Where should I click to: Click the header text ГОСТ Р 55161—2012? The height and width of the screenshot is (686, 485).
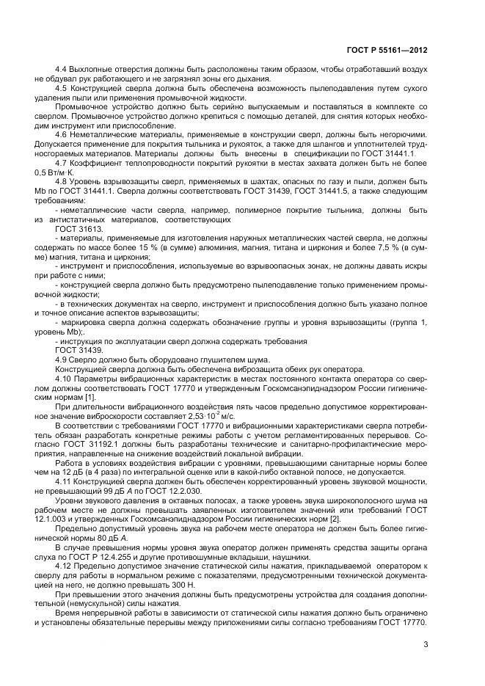click(386, 51)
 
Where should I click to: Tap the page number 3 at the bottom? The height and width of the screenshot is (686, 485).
click(426, 645)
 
